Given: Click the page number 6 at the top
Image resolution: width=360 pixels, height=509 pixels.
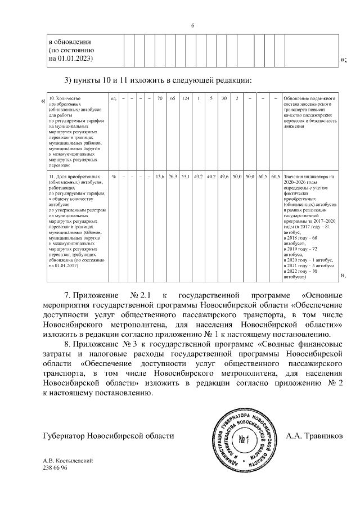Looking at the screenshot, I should coord(192,25).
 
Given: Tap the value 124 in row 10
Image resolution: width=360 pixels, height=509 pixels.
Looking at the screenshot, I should coord(186,99).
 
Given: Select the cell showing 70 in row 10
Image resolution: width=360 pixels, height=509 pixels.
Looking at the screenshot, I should coord(160,99).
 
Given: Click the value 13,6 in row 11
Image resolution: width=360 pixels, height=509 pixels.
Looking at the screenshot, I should coord(160,177).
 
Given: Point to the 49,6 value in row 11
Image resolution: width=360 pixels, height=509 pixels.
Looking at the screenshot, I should coord(224,177).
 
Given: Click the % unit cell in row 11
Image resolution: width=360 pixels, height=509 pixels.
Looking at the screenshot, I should coord(114,177).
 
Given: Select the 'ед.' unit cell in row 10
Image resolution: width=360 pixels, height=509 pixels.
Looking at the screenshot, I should coord(114,99).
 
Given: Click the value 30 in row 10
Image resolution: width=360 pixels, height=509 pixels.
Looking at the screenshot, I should coord(224,99).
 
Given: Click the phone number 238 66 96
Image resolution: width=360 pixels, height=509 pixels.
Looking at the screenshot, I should coord(55,468).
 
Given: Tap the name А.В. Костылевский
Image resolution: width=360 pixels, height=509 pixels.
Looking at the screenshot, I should coord(67,461).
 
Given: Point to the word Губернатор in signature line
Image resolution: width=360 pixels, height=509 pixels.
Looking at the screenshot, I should coord(65,436).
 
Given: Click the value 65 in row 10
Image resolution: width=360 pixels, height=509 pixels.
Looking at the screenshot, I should coord(173,99).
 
